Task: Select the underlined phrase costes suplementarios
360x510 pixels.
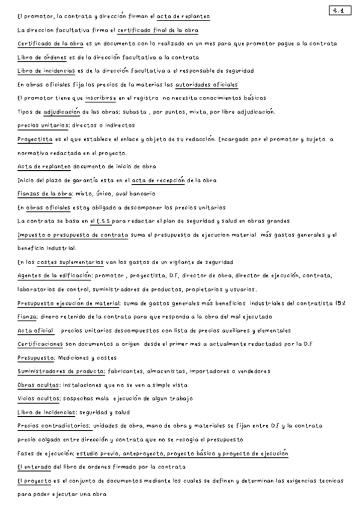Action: pos(65,262)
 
